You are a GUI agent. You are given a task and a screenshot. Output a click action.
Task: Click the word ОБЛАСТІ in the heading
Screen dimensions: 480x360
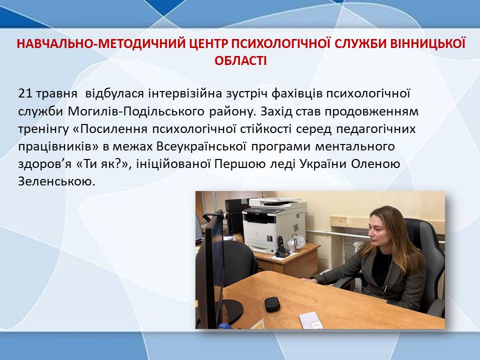coord(240,60)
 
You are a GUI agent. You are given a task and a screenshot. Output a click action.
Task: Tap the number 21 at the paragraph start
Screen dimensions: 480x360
coord(25,93)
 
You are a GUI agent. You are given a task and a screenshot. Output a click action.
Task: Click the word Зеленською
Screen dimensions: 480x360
coord(56,181)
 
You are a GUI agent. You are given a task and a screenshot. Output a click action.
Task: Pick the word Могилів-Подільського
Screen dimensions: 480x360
coord(136,111)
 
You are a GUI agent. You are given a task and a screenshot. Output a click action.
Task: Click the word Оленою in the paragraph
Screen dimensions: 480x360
coord(375,164)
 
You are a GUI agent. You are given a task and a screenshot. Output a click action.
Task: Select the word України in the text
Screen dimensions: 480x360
coord(323,164)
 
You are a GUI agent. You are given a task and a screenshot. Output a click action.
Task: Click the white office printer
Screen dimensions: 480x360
coord(274,224)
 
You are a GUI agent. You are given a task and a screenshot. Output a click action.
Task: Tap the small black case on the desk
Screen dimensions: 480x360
coord(272,304)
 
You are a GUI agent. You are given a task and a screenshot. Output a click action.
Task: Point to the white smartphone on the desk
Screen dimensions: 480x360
coord(311,320)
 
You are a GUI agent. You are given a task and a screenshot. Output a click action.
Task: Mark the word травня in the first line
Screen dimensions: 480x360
coord(56,93)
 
